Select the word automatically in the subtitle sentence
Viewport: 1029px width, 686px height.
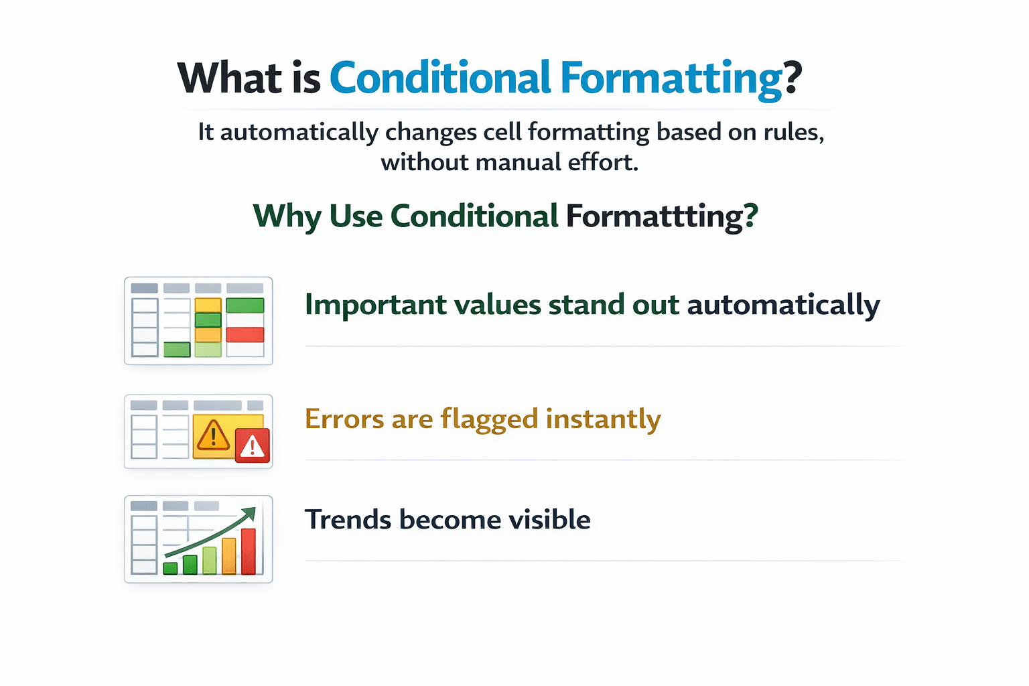[x=299, y=133]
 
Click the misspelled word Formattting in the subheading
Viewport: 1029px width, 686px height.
[x=662, y=216]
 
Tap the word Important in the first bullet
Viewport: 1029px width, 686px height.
[x=376, y=305]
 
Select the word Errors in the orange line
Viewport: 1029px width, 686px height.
[x=344, y=419]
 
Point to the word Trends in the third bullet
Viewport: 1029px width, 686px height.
[x=348, y=519]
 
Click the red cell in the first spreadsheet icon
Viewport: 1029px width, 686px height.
[x=245, y=334]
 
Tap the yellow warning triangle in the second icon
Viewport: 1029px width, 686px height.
[x=212, y=435]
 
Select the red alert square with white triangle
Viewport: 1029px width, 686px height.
[x=252, y=445]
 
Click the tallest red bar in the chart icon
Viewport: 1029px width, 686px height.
[x=249, y=551]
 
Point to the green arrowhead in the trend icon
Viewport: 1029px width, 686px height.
[x=250, y=513]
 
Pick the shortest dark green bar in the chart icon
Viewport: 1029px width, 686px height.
[x=170, y=568]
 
